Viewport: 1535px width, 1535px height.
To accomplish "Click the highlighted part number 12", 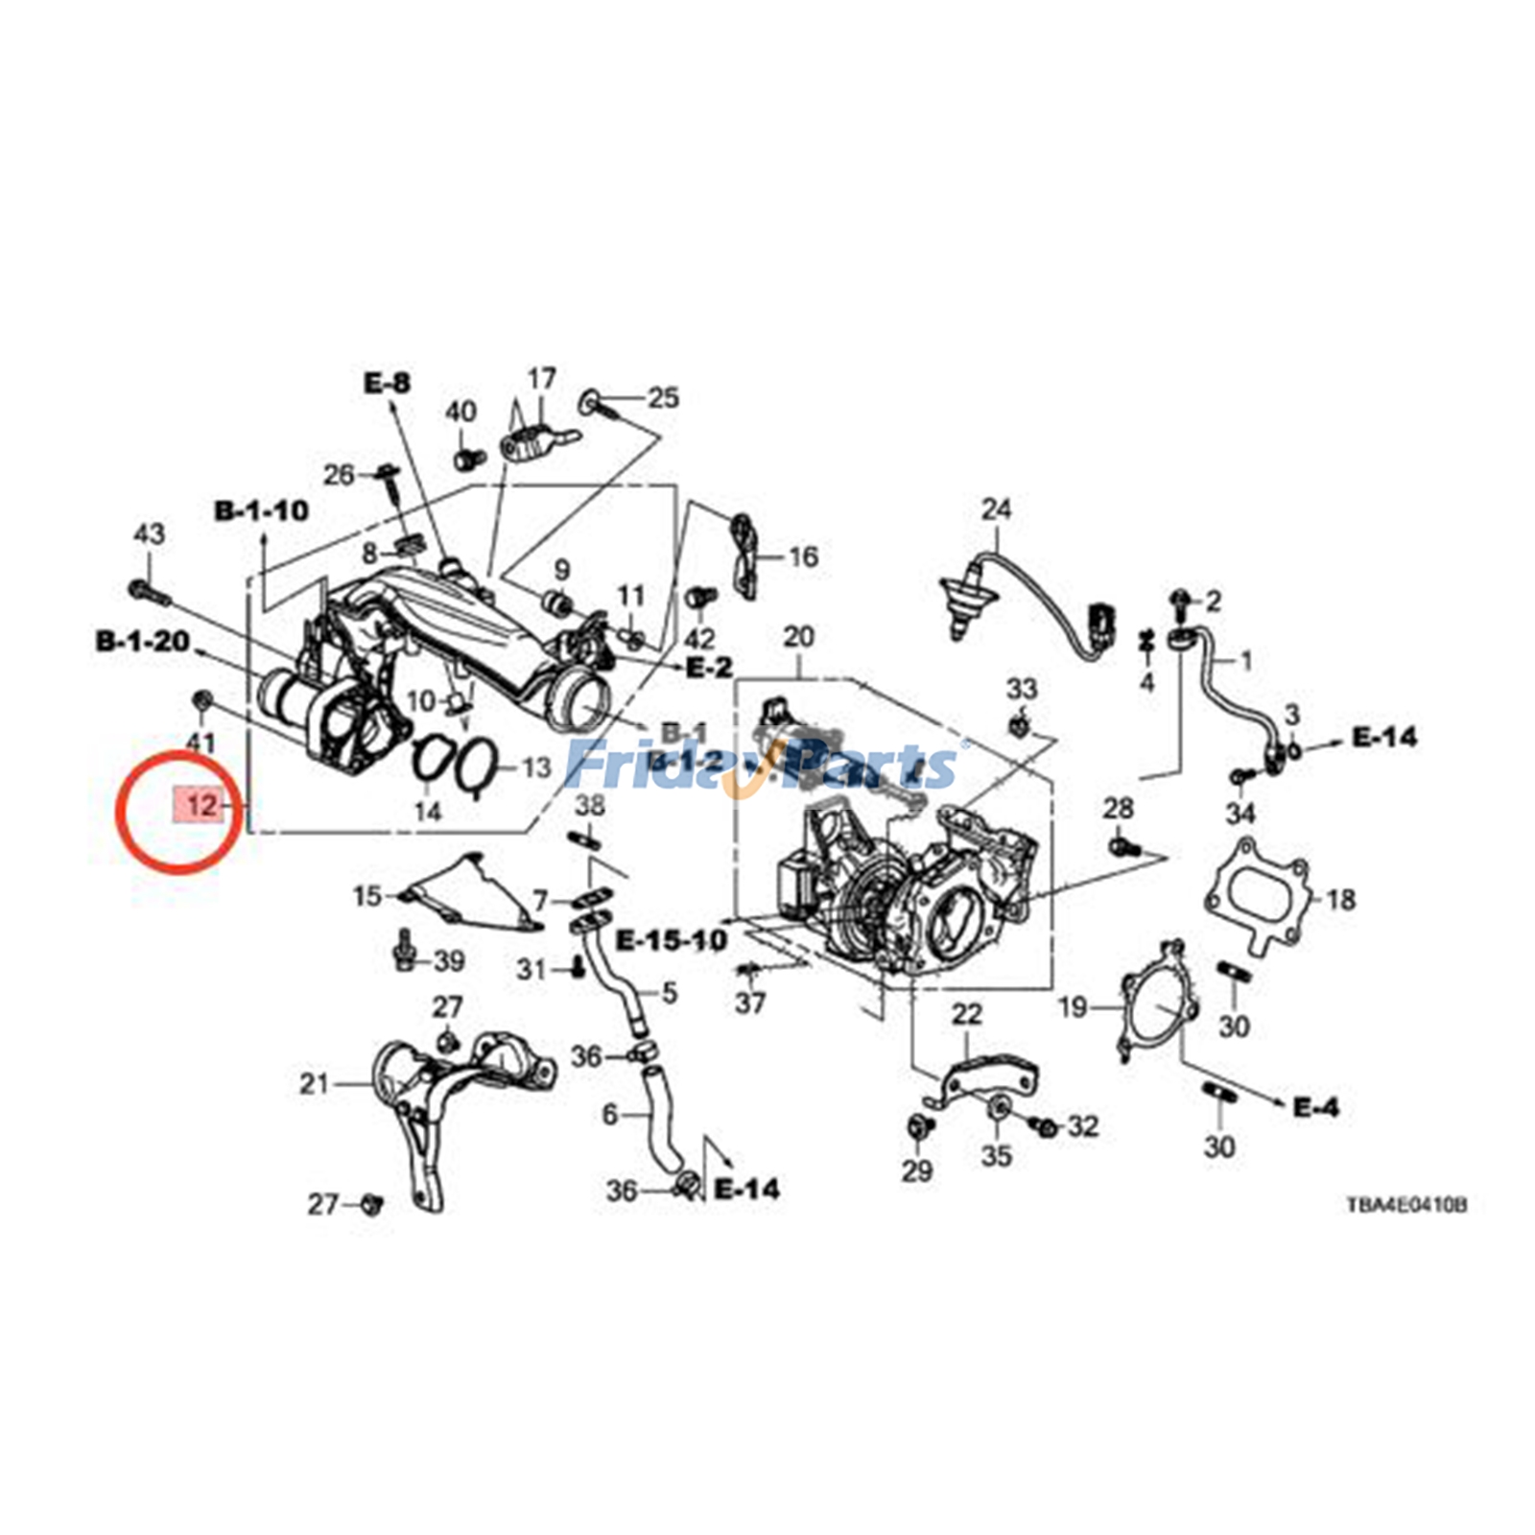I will pos(200,804).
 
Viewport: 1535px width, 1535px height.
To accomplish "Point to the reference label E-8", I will pos(387,383).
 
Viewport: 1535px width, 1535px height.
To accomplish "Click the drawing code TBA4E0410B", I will pos(1405,1205).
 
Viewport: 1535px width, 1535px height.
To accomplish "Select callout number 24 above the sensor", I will pos(996,508).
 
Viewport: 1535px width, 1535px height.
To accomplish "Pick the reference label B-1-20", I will pos(143,641).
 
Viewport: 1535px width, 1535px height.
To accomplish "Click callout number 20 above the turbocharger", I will pos(798,636).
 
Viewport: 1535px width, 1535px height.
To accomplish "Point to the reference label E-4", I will pos(1315,1107).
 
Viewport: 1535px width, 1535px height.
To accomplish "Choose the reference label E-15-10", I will pos(672,940).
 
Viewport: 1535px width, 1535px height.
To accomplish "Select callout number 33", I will pos(1022,688).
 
